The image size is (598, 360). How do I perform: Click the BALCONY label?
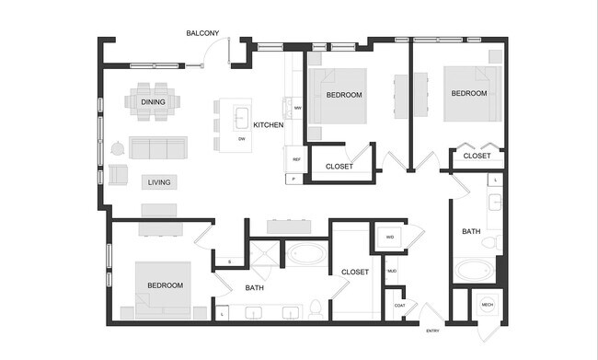pos(202,33)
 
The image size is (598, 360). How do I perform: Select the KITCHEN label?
pos(268,125)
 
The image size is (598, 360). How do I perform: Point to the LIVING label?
pos(158,182)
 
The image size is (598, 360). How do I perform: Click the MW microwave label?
pos(297,109)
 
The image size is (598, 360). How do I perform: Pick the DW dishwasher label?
pos(241,138)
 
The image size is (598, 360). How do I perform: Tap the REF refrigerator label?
pos(296,160)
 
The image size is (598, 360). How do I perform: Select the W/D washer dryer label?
pos(389,238)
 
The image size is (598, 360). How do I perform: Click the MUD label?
pos(391,271)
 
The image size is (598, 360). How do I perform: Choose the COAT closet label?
pos(399,305)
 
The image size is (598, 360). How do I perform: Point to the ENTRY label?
pos(431,331)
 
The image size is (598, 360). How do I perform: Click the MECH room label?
pos(487,305)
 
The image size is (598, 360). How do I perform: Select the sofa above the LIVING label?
pos(157,147)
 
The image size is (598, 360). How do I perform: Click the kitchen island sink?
pos(241,117)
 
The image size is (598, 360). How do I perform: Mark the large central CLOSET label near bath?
pos(354,272)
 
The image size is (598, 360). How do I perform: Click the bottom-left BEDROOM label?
pos(165,285)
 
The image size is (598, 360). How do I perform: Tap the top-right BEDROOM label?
pos(468,94)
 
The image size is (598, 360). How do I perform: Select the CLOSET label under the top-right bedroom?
pos(477,157)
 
